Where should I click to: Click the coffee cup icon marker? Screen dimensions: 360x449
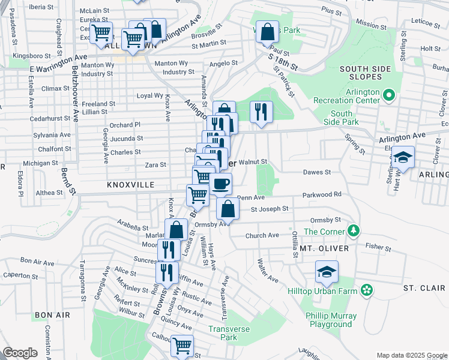221,184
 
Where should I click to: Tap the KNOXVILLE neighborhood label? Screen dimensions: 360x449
131,185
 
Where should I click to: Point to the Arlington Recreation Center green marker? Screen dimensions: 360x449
388,94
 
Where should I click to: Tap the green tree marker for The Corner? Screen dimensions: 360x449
354,231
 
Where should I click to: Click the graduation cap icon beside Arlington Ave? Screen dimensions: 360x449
403,158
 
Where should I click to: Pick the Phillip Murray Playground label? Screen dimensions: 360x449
331,320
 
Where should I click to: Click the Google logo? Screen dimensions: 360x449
20,353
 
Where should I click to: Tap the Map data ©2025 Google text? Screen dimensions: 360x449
411,355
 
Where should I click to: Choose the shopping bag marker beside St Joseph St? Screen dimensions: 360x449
228,209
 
